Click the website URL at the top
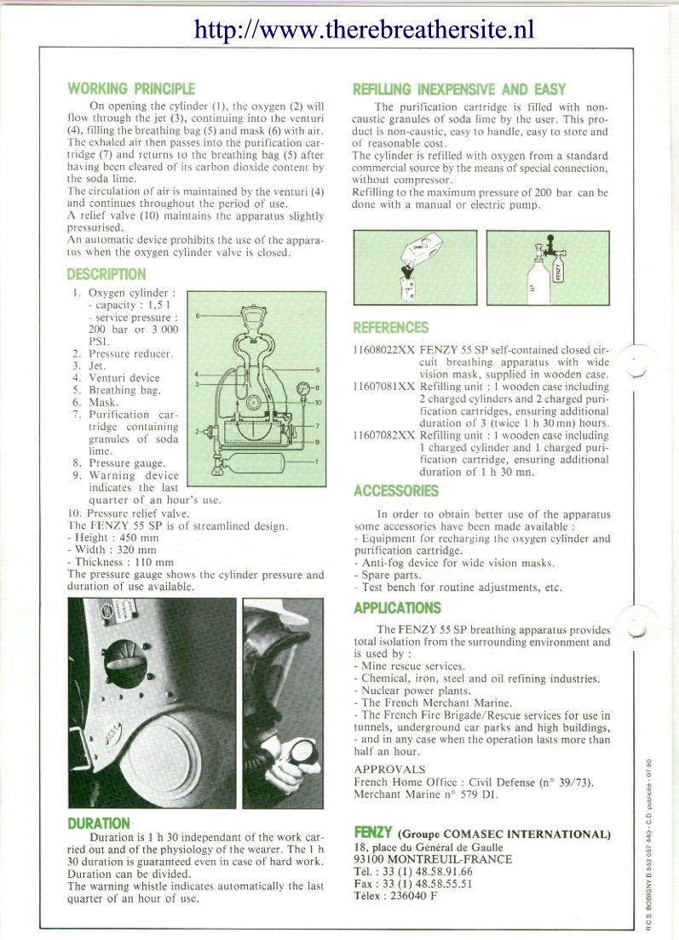364,30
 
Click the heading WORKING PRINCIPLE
131,89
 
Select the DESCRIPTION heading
106,274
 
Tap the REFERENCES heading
391,327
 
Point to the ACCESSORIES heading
396,490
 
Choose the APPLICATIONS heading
397,608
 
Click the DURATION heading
99,823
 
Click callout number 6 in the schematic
198,316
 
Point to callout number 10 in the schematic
317,402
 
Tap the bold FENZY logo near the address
372,833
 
